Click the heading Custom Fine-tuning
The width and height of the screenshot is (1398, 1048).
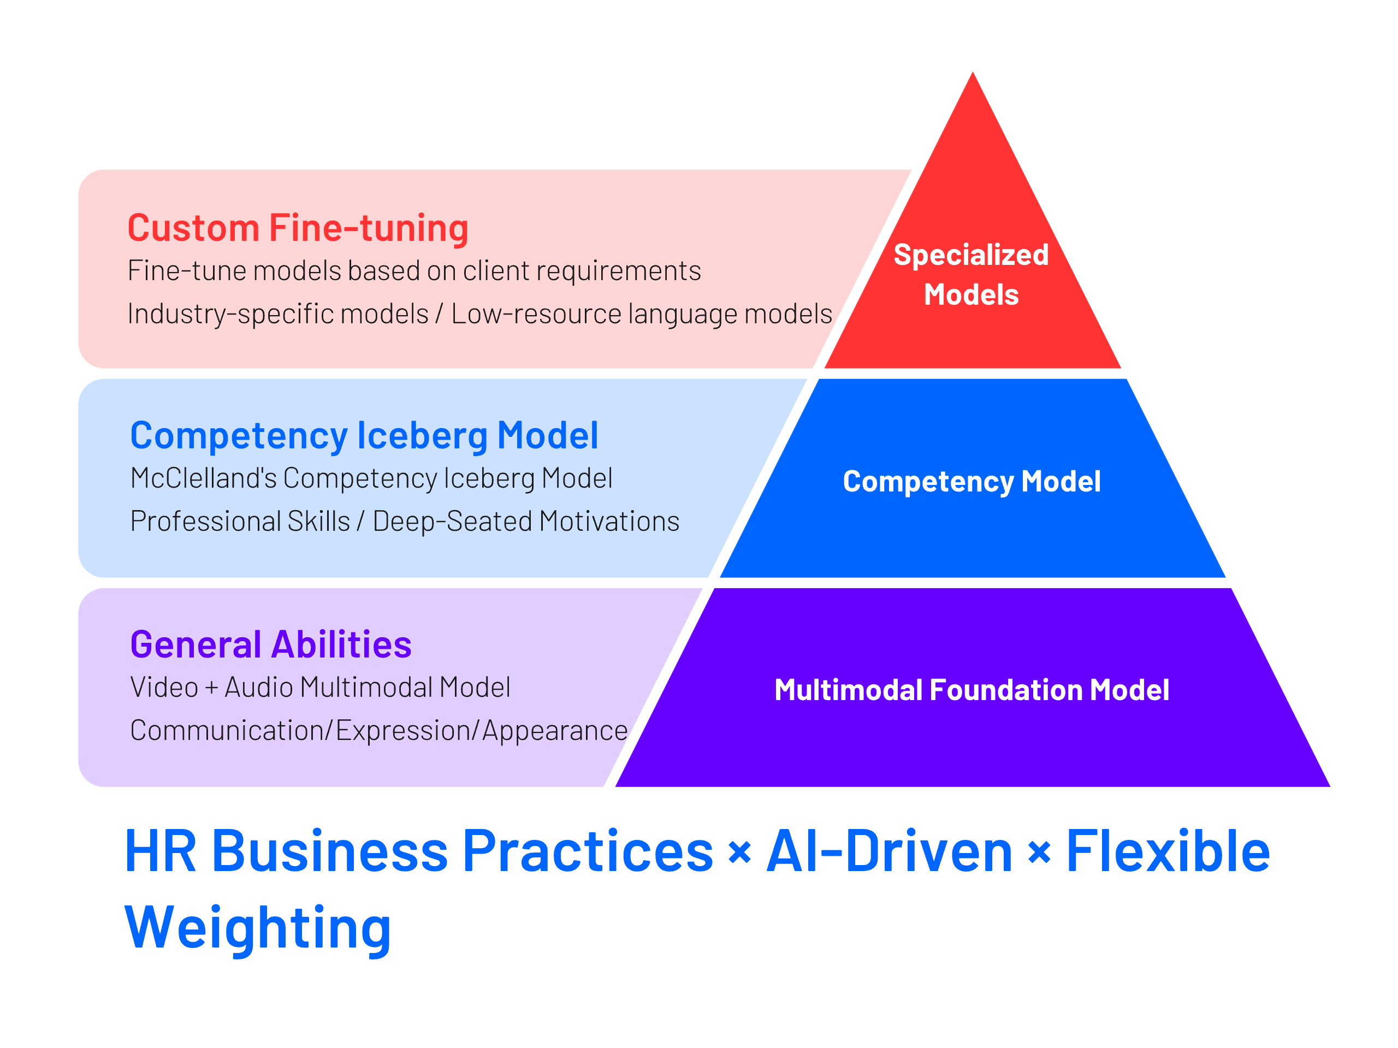point(298,228)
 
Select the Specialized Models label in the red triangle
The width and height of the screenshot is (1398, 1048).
point(971,275)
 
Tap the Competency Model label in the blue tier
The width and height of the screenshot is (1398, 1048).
point(972,482)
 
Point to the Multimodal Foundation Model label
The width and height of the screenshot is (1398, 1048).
point(972,690)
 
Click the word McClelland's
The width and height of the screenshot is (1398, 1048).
point(204,478)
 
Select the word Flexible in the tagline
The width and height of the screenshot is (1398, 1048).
point(1168,851)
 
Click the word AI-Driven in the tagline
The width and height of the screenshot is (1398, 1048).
point(889,851)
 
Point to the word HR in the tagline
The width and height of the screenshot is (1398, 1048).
point(161,851)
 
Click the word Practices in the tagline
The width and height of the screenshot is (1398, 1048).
point(588,851)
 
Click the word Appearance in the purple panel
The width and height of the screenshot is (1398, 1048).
point(555,731)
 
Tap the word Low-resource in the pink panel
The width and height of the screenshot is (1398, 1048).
point(536,314)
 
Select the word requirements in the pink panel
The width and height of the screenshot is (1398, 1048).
point(618,271)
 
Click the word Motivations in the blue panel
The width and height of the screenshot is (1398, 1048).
point(609,522)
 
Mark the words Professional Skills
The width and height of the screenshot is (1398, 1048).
point(240,522)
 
